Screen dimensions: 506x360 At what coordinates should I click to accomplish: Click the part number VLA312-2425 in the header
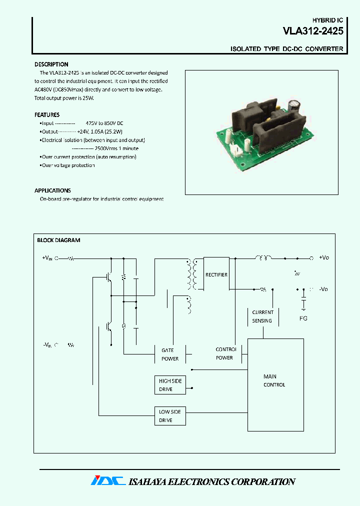(x=313, y=31)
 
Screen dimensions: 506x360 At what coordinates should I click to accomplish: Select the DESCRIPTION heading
(x=51, y=64)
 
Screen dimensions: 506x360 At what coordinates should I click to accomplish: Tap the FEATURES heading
(x=46, y=114)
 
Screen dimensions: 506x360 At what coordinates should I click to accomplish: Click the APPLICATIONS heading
(x=52, y=190)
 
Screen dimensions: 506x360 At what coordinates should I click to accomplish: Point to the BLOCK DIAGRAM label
(x=58, y=240)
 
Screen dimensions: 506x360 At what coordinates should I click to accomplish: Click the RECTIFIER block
(x=216, y=274)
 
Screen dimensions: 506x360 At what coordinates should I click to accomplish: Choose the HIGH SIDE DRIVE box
(x=170, y=385)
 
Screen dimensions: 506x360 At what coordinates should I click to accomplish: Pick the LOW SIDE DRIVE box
(x=170, y=415)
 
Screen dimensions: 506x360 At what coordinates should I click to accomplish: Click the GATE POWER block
(x=170, y=354)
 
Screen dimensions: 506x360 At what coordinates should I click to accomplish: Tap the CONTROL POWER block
(x=225, y=353)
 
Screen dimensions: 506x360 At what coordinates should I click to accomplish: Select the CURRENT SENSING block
(x=262, y=316)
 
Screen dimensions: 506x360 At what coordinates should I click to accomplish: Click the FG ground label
(x=303, y=318)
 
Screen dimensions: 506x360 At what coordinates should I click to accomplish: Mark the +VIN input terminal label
(x=47, y=258)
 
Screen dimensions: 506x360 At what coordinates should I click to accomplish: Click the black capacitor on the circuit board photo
(x=294, y=108)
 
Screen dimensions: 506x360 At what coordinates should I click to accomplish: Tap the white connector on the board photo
(x=236, y=148)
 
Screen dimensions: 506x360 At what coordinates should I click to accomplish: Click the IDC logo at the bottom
(x=107, y=481)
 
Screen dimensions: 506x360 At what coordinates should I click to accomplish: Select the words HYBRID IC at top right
(x=327, y=20)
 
